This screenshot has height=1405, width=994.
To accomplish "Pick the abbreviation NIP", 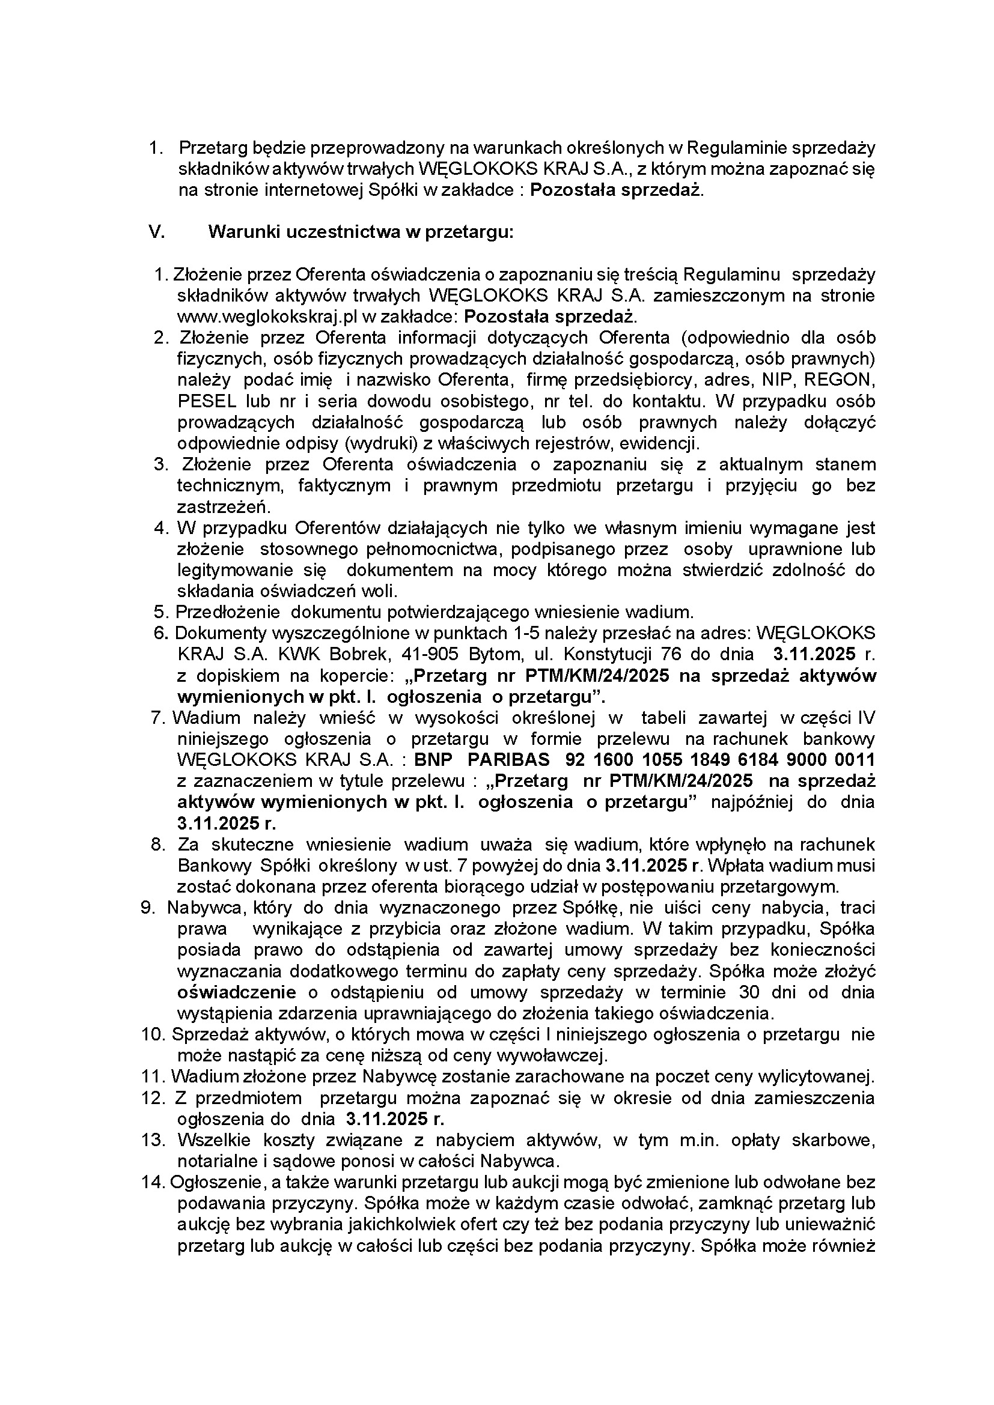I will [775, 380].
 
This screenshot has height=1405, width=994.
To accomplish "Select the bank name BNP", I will [433, 760].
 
